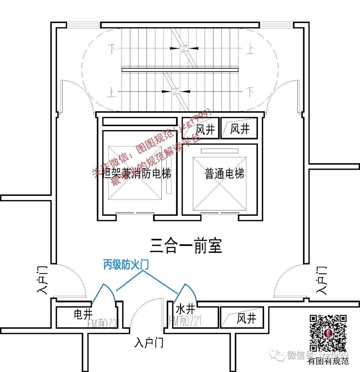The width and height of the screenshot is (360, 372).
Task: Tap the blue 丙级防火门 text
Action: pos(126,265)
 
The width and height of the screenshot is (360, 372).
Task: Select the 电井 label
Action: pos(83,314)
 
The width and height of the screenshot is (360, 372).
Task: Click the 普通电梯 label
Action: pos(224,174)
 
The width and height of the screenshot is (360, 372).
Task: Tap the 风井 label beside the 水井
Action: pos(246,318)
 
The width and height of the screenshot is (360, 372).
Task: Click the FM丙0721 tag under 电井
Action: pos(104,323)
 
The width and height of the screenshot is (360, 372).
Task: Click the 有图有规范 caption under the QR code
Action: pos(328,360)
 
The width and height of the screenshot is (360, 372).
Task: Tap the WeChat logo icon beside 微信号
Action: pos(278,355)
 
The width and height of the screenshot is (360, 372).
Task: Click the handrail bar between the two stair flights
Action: pos(180,70)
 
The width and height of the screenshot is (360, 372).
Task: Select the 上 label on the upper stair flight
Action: pos(249,50)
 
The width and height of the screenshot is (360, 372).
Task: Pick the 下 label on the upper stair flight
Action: pos(112,50)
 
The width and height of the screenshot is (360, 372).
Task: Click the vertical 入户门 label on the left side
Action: pos(43,280)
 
